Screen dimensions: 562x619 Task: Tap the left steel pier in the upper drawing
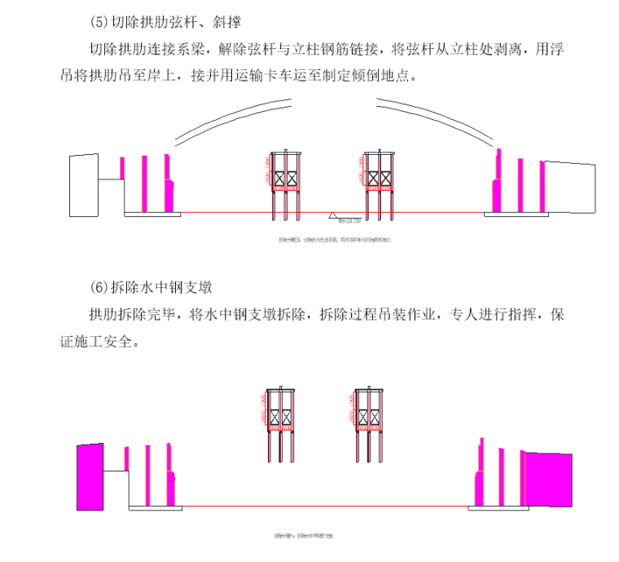286,184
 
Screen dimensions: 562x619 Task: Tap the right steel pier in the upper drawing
379,184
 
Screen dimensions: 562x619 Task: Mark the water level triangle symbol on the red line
335,215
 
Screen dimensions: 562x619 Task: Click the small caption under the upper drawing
331,240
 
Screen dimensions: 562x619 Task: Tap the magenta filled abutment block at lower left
91,476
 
